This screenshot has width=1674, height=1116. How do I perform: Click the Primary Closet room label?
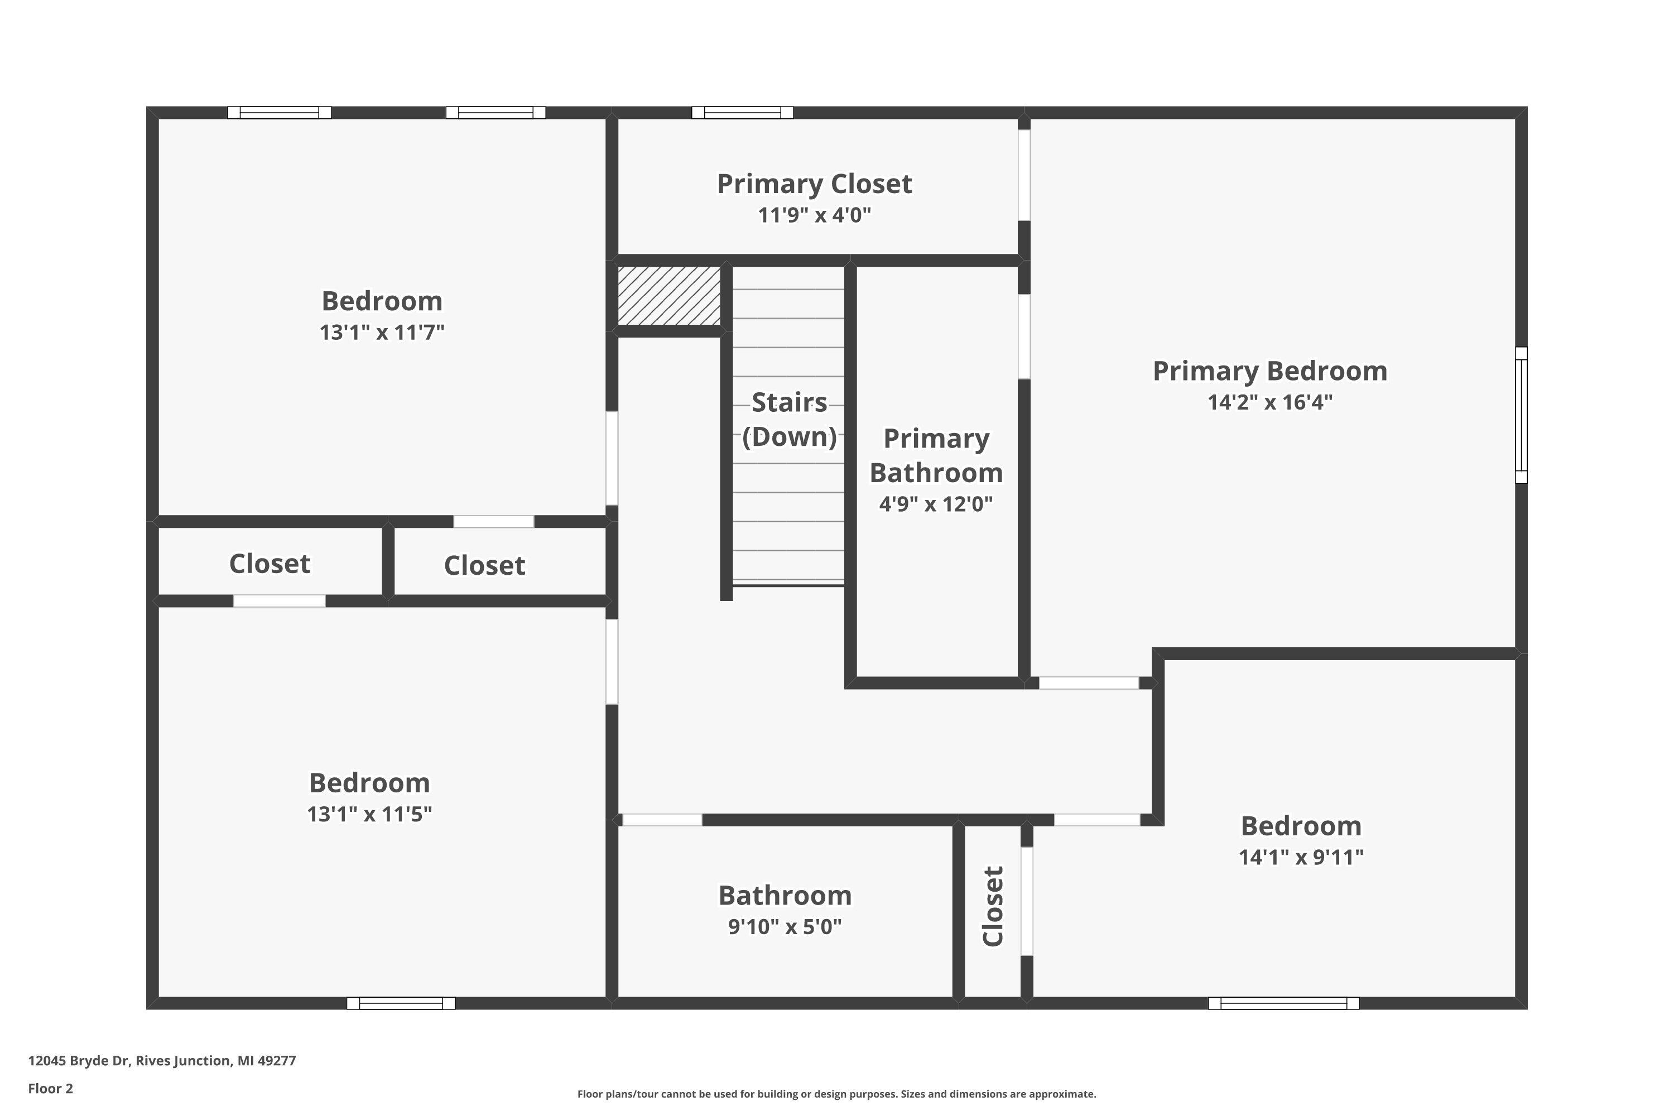(814, 184)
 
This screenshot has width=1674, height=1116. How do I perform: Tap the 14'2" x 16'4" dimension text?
(1270, 402)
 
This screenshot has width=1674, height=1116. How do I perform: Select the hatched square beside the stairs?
(668, 295)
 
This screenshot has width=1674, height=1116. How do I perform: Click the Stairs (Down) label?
(790, 419)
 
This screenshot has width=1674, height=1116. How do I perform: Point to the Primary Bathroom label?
(936, 455)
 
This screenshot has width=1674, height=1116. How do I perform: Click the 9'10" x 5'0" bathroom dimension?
(785, 927)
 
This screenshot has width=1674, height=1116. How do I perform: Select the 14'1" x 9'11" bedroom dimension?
(1300, 857)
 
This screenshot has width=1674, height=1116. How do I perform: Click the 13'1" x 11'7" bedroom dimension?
(382, 333)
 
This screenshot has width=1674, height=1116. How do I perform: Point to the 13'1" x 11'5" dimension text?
(369, 814)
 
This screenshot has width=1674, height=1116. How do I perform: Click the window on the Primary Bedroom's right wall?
(1521, 415)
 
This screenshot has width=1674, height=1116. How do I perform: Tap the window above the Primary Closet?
(742, 113)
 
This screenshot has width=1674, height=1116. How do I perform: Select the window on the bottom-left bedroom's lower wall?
(401, 1003)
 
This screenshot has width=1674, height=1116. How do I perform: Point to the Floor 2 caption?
(51, 1088)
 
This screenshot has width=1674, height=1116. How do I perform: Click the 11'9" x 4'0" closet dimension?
(814, 215)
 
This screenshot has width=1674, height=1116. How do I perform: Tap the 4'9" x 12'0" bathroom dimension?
(935, 504)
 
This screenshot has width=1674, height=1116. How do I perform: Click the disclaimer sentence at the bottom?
(836, 1094)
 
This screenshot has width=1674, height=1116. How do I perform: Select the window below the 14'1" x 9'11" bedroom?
(1283, 1003)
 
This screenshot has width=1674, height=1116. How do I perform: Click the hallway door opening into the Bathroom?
(662, 820)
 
